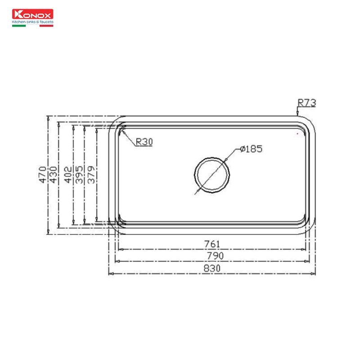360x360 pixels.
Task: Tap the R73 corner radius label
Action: coord(307,103)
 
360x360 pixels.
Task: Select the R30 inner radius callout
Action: coord(144,142)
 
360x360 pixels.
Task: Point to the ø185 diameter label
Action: coord(251,148)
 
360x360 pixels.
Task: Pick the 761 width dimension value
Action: coord(212,244)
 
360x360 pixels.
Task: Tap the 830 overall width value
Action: coord(212,268)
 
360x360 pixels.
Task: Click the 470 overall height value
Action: coord(42,174)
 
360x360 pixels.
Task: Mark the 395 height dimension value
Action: coord(79,174)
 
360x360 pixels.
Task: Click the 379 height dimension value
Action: coord(90,174)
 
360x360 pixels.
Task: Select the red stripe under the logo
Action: coord(46,26)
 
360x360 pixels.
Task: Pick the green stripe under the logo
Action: coord(18,26)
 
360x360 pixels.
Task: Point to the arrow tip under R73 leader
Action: coord(297,112)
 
